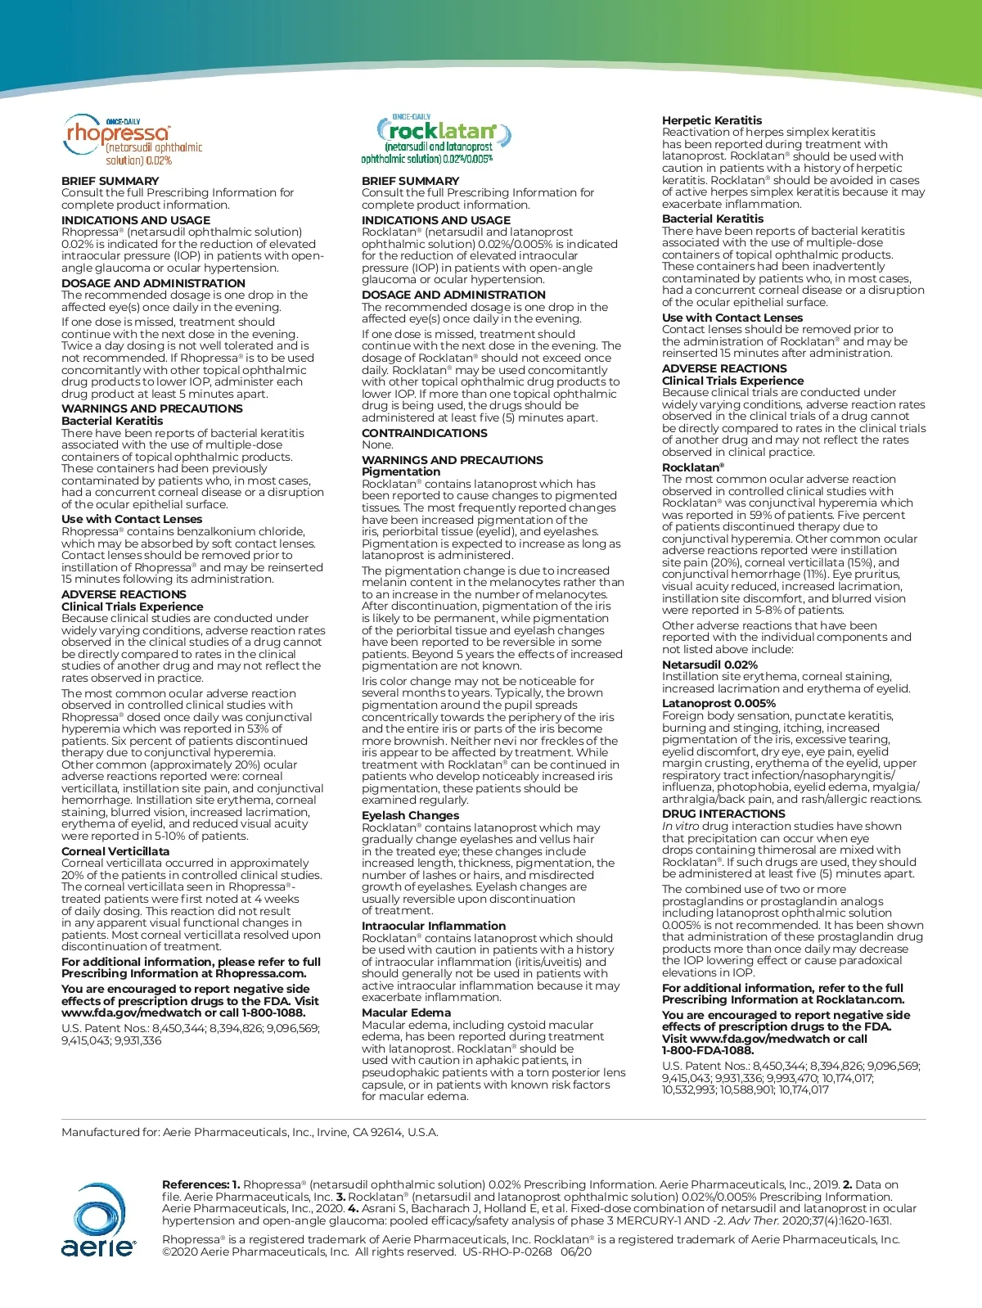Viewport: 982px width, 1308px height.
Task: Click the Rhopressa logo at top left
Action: point(131,140)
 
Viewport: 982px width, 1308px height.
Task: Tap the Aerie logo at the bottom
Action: point(97,1220)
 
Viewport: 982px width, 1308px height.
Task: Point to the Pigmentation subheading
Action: point(401,471)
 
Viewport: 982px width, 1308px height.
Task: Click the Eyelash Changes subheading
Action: point(410,815)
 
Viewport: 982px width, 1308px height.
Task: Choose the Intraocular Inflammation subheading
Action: point(434,926)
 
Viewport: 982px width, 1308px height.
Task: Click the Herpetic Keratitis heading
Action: point(711,120)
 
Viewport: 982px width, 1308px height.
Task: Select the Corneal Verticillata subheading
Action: point(115,851)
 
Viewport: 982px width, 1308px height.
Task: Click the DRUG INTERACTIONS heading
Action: point(723,814)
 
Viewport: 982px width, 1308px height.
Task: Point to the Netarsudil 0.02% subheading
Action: point(709,665)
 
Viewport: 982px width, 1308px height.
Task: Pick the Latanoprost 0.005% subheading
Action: point(718,703)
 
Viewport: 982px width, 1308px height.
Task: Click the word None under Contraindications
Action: point(377,444)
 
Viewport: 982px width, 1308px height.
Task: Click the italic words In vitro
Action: point(680,826)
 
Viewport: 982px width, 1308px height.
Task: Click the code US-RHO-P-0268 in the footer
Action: point(507,1252)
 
